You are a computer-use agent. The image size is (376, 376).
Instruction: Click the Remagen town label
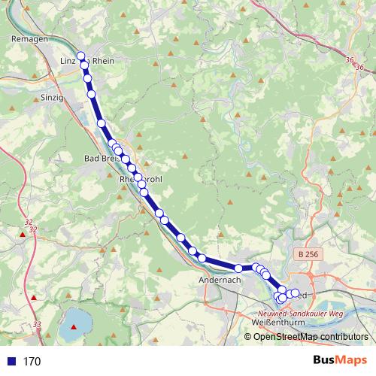point(30,38)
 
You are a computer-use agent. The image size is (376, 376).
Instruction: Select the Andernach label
point(220,280)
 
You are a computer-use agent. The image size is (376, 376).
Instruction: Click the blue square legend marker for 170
point(11,361)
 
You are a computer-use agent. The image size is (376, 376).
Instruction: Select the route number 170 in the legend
point(32,362)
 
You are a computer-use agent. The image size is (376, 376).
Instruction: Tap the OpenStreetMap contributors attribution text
point(311,336)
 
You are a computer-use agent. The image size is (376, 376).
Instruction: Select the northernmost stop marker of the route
point(80,55)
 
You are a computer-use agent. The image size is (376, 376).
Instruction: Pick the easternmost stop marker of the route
point(295,293)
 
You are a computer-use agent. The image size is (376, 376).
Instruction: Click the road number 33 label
point(38,324)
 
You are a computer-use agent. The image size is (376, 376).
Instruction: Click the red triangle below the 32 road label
point(23,235)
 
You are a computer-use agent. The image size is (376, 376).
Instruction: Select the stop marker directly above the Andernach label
point(238,268)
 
